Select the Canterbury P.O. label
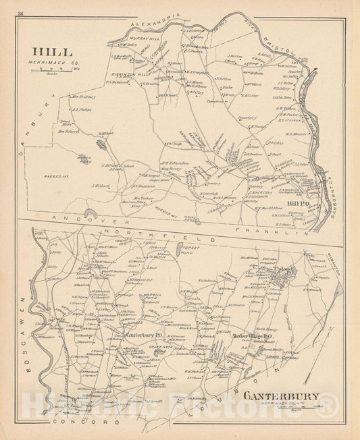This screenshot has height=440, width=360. (x=141, y=331)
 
